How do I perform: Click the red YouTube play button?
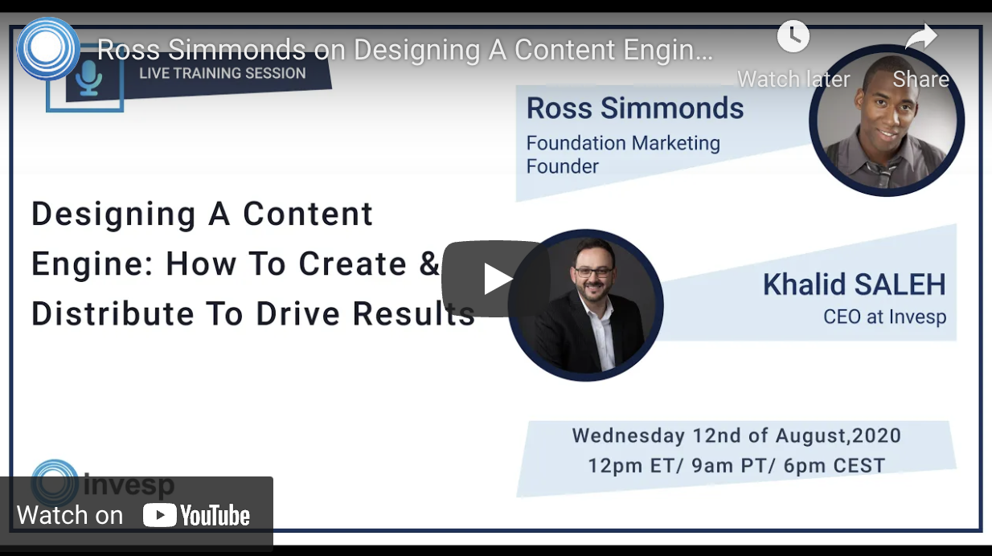click(495, 279)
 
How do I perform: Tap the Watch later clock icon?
click(793, 36)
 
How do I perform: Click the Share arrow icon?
click(921, 36)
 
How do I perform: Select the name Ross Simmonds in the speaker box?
click(635, 108)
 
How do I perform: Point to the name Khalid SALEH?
click(854, 284)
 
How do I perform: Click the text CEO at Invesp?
click(884, 317)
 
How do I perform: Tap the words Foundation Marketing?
click(623, 143)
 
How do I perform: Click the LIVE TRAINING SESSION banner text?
click(222, 73)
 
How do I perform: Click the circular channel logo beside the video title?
click(47, 49)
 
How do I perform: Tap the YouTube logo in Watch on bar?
click(197, 515)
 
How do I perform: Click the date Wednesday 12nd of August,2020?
click(736, 436)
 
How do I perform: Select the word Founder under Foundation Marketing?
click(563, 166)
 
